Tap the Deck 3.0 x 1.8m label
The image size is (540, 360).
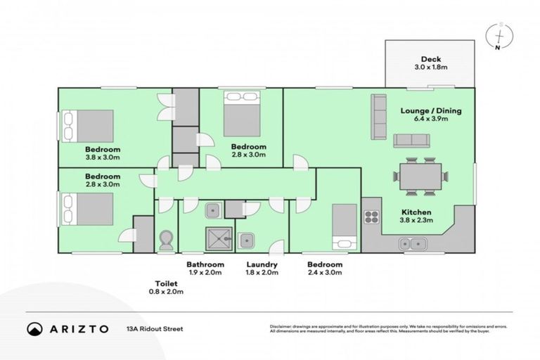pos(430,63)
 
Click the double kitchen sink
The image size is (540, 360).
pos(410,244)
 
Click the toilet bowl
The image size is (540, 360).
pos(166,242)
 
